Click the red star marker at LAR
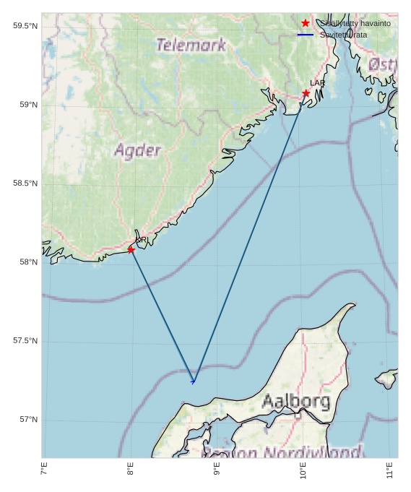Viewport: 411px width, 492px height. click(x=306, y=93)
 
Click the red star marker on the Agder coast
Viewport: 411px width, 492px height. click(x=131, y=250)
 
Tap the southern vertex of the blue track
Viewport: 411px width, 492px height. click(x=193, y=381)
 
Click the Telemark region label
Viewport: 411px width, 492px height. click(x=191, y=45)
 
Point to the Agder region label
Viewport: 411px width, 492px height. click(x=137, y=150)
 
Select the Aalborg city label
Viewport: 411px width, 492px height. click(x=296, y=401)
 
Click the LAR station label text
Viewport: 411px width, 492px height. click(x=318, y=83)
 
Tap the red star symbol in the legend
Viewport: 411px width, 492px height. click(x=306, y=23)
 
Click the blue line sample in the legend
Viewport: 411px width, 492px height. click(x=306, y=35)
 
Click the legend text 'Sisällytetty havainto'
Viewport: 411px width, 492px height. click(x=355, y=23)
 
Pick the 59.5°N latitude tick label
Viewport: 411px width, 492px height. click(x=25, y=26)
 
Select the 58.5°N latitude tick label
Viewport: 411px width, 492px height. click(x=25, y=184)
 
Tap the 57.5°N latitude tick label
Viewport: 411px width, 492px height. click(x=25, y=341)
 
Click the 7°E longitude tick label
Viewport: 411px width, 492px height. click(x=44, y=472)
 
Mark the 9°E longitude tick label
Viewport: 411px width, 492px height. click(x=217, y=472)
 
